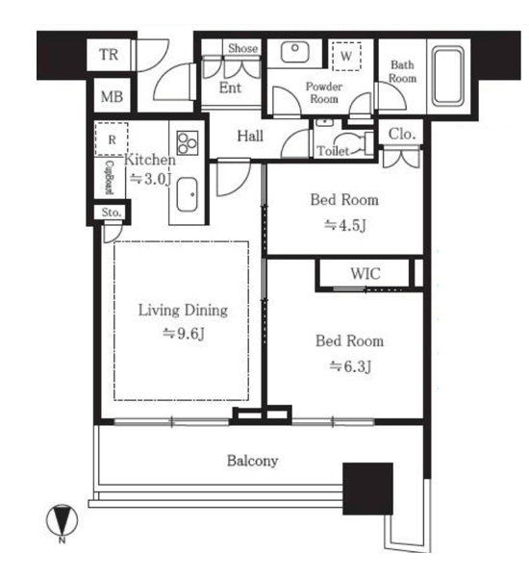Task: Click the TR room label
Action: tap(109, 55)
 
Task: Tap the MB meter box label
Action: tap(112, 97)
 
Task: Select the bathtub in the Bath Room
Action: tap(447, 76)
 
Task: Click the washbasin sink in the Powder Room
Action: tap(295, 52)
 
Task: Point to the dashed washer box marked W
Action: tap(346, 57)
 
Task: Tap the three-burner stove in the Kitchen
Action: tap(188, 142)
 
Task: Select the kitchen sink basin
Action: tap(187, 195)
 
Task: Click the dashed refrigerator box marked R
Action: tap(112, 139)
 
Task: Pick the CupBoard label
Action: tap(110, 177)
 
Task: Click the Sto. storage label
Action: tap(112, 213)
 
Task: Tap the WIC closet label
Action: tap(365, 274)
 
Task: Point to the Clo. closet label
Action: tap(402, 135)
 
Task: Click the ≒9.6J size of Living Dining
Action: tap(184, 334)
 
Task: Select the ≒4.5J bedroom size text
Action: tap(345, 225)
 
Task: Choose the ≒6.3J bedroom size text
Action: tap(350, 366)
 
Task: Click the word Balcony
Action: tap(253, 461)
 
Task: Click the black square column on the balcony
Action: tap(367, 489)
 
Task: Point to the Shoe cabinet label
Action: tap(242, 48)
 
